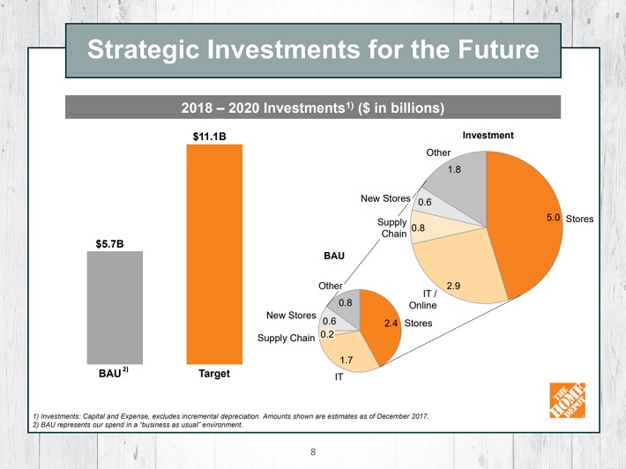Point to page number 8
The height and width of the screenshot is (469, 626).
coord(312,453)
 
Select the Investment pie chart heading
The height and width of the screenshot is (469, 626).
coord(488,135)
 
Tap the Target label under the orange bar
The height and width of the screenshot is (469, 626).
coord(213,374)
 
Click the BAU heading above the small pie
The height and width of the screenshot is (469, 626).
coord(333,257)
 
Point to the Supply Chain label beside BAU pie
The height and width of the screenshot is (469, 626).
coord(286,338)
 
